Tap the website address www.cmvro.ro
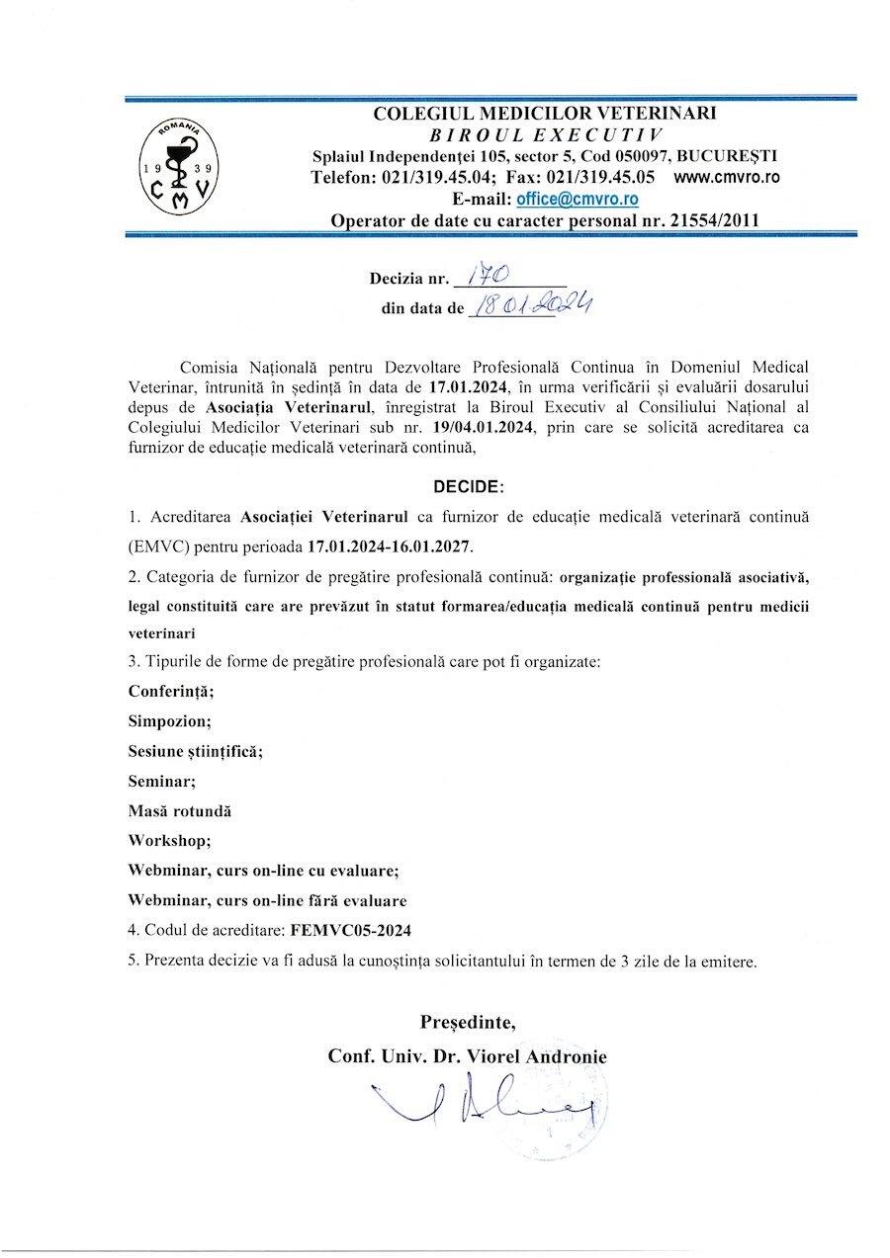click(x=727, y=178)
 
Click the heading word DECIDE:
click(x=468, y=486)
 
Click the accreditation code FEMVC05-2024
click(x=352, y=930)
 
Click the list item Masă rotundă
click(x=180, y=810)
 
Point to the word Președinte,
click(x=468, y=1020)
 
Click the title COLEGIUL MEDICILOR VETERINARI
click(x=545, y=114)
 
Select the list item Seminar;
click(x=162, y=781)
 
